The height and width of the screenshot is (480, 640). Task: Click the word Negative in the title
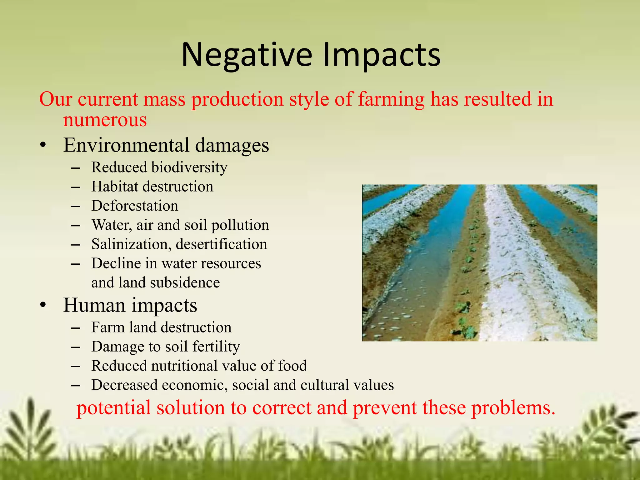[x=247, y=55]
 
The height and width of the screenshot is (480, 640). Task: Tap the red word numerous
[x=105, y=120]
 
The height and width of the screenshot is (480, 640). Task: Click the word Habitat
[x=114, y=187]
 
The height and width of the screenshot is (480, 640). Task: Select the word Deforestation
[x=135, y=206]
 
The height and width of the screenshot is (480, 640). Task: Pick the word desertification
[x=222, y=244]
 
